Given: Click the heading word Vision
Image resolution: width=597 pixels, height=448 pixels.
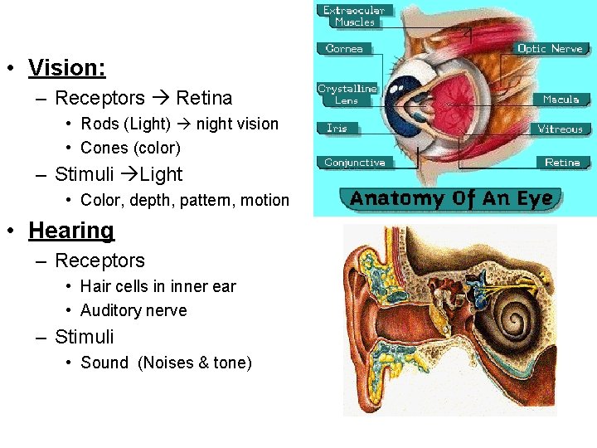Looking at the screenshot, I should (x=66, y=67).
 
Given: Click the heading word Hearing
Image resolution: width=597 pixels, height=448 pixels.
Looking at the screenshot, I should (x=71, y=230).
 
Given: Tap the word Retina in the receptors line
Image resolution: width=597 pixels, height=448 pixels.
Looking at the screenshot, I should (x=204, y=98).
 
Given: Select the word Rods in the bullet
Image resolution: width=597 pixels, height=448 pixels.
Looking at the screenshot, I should (x=98, y=124).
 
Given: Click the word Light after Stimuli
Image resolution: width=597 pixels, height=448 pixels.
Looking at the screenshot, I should (x=162, y=174).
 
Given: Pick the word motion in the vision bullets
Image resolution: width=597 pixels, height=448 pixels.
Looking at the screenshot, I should (x=264, y=200).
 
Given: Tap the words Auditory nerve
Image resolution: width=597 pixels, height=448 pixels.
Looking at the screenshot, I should (x=133, y=310).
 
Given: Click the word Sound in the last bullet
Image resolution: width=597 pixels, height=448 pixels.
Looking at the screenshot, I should (x=104, y=363).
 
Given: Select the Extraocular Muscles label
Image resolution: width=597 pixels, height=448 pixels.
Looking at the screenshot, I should (x=355, y=17).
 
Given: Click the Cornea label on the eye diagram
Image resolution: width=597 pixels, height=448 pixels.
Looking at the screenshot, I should (x=344, y=49).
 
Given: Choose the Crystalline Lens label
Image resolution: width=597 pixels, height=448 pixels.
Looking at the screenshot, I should (x=347, y=94).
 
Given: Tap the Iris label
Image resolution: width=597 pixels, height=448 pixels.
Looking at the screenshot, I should (x=337, y=129).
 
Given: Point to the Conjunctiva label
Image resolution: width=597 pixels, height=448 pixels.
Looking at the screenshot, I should (x=355, y=163).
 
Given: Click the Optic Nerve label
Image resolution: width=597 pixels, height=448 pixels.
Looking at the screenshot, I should (x=550, y=49).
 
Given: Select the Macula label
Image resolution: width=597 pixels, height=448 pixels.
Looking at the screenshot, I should (x=561, y=100).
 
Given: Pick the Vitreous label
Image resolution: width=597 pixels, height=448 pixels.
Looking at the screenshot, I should (x=560, y=129).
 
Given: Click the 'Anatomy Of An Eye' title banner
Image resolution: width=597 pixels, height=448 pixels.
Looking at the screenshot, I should (x=451, y=199).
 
